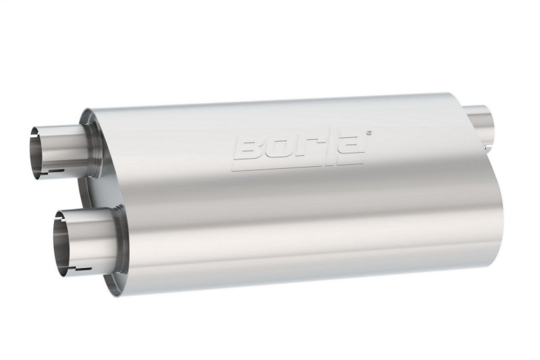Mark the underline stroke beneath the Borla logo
(297, 164)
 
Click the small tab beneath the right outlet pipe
(487, 146)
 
